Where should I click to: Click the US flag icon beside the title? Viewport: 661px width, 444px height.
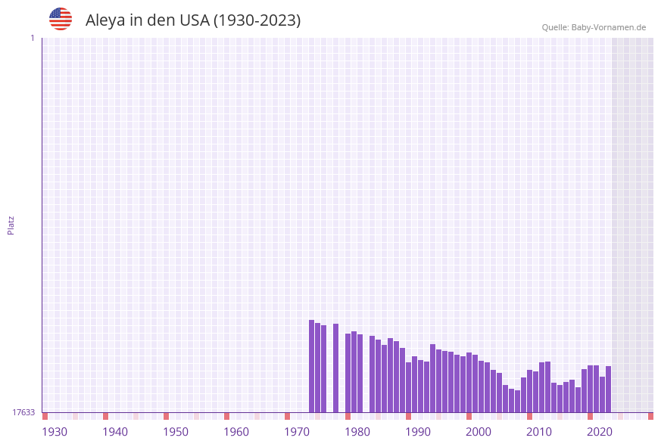(61, 19)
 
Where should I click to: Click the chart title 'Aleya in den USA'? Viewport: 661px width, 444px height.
(192, 20)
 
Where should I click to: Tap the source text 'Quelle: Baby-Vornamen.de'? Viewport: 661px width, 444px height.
(594, 27)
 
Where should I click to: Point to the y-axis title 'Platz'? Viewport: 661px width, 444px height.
(11, 225)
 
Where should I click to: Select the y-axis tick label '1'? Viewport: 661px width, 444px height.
(32, 38)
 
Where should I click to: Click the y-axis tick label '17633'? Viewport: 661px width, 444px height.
(23, 412)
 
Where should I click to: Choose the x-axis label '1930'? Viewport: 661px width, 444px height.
(55, 432)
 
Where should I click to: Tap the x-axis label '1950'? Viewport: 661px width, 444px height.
(176, 432)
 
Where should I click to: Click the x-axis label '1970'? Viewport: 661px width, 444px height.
(297, 432)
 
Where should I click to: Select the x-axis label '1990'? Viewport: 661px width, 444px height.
(418, 432)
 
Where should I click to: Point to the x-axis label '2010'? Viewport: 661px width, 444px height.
(539, 432)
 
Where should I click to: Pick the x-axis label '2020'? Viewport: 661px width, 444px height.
(600, 432)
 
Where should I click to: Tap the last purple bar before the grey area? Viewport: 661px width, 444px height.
(608, 389)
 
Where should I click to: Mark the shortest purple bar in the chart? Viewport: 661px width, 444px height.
(517, 402)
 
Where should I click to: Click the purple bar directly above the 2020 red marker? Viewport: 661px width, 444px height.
(590, 389)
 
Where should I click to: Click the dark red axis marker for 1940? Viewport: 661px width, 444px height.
(105, 416)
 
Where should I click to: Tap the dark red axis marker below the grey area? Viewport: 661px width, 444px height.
(650, 416)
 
